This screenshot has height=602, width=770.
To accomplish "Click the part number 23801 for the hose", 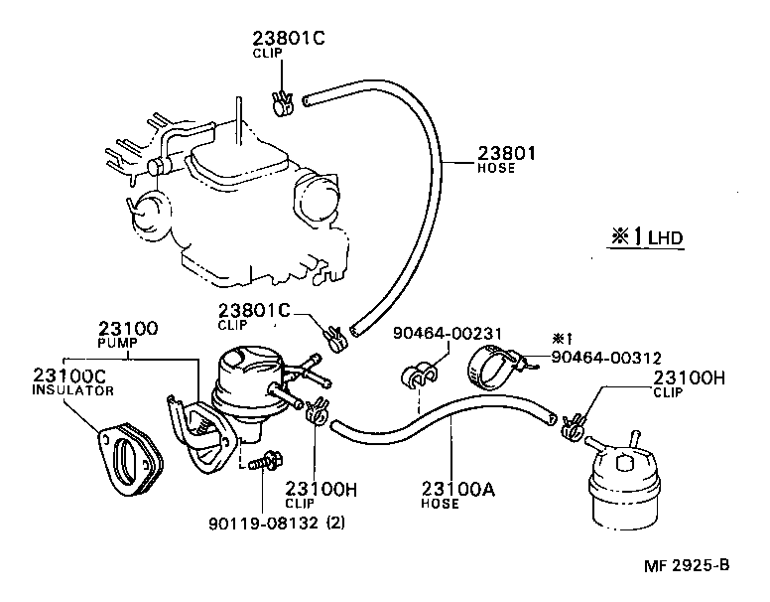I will coord(507,153).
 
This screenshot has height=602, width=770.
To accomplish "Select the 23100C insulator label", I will coord(64,377).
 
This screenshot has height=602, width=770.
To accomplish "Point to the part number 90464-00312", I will coord(605,357).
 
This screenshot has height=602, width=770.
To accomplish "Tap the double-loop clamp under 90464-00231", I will coord(418,376).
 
